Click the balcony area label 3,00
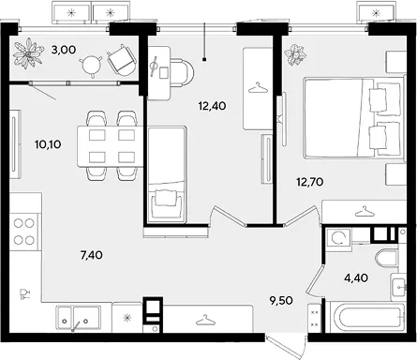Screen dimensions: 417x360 64,50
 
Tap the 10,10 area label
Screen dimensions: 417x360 48,144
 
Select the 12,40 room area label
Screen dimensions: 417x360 212,106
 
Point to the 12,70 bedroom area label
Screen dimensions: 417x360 310,182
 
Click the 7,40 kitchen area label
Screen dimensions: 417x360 92,255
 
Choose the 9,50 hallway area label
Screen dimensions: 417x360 281,301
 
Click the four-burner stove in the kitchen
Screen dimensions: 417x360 24,232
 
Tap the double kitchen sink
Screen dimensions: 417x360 79,317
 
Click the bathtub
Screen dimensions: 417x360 366,317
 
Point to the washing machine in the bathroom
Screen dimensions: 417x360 338,239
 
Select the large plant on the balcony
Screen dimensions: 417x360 28,52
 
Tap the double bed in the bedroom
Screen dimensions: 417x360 353,117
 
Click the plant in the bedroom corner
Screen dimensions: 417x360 295,55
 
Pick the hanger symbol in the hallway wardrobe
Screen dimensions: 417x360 205,320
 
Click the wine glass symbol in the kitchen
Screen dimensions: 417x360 24,294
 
